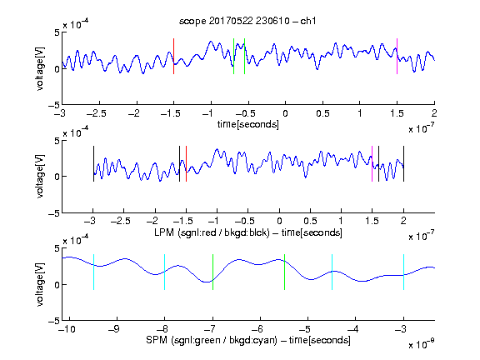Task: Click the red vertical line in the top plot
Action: pyautogui.click(x=173, y=57)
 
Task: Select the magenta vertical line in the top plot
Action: pyautogui.click(x=397, y=57)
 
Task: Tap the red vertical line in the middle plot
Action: pyautogui.click(x=186, y=164)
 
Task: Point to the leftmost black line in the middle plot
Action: pyautogui.click(x=93, y=164)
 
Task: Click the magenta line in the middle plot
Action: pyautogui.click(x=372, y=164)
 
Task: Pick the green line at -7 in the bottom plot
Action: pyautogui.click(x=212, y=272)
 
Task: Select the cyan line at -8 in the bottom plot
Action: pyautogui.click(x=164, y=272)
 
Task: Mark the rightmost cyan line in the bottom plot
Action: pyautogui.click(x=404, y=272)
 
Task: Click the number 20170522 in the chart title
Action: pyautogui.click(x=231, y=21)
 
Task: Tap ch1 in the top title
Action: pyautogui.click(x=308, y=21)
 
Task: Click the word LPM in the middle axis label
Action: pyautogui.click(x=164, y=232)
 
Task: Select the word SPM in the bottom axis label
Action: pyautogui.click(x=157, y=340)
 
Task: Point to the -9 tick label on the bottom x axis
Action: pyautogui.click(x=114, y=329)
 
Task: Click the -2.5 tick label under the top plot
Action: pyautogui.click(x=97, y=113)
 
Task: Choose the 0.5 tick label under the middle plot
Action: pyautogui.click(x=310, y=221)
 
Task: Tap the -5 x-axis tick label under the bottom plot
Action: pyautogui.click(x=305, y=329)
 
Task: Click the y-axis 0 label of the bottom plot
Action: pyautogui.click(x=57, y=285)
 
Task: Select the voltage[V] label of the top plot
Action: pyautogui.click(x=40, y=68)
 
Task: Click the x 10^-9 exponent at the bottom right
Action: pyautogui.click(x=422, y=344)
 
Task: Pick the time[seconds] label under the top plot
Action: pyautogui.click(x=248, y=124)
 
